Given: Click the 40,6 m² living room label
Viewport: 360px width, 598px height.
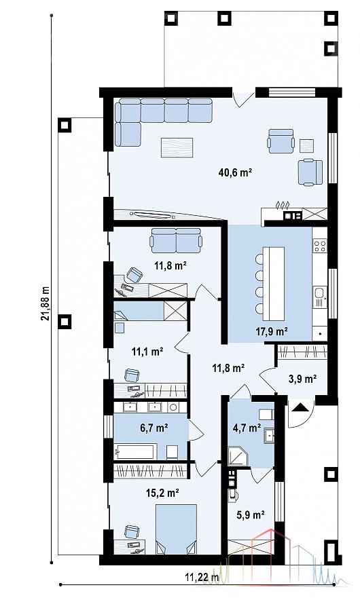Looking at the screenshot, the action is pyautogui.click(x=235, y=172).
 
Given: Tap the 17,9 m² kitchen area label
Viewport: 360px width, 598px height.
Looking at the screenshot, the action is pyautogui.click(x=272, y=331).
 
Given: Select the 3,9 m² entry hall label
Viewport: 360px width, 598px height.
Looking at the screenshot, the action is pyautogui.click(x=302, y=379).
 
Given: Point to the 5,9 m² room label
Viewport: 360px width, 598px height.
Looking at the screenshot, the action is pyautogui.click(x=251, y=515).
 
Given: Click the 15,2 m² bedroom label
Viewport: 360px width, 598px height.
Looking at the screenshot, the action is pyautogui.click(x=162, y=493).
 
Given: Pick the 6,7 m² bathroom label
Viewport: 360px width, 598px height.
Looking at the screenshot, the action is pyautogui.click(x=154, y=428).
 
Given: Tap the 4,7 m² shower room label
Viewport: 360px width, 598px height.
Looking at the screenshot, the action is pyautogui.click(x=247, y=428).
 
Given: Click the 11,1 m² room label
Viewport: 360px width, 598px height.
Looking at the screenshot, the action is pyautogui.click(x=148, y=351).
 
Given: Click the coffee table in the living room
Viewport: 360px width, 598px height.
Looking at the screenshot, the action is pyautogui.click(x=177, y=147).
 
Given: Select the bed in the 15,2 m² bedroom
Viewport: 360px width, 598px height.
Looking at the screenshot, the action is pyautogui.click(x=176, y=529).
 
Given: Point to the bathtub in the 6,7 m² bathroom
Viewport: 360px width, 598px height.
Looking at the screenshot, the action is pyautogui.click(x=135, y=452).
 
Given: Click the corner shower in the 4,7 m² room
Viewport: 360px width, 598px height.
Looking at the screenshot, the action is pyautogui.click(x=238, y=457).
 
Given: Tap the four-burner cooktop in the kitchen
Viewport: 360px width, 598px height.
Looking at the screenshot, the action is pyautogui.click(x=320, y=245).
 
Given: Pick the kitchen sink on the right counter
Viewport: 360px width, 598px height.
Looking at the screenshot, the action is pyautogui.click(x=319, y=297).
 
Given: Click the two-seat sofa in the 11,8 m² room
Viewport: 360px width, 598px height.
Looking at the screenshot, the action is pyautogui.click(x=176, y=240).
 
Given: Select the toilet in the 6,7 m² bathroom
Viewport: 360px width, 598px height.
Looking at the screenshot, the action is pyautogui.click(x=171, y=452).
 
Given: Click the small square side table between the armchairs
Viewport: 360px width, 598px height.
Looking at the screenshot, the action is pyautogui.click(x=306, y=146).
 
